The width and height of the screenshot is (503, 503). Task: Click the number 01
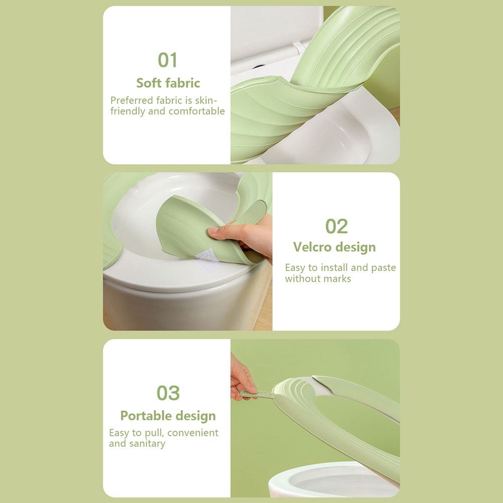[x=168, y=60]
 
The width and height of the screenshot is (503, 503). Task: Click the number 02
[x=336, y=226]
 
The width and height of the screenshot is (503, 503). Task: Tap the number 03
[x=168, y=393]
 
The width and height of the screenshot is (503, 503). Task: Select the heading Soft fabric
[x=168, y=83]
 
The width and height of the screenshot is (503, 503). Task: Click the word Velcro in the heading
[x=312, y=247]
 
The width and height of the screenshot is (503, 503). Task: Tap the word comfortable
[x=197, y=111]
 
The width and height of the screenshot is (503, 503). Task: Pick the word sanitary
[x=147, y=444]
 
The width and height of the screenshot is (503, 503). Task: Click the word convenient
[x=193, y=433]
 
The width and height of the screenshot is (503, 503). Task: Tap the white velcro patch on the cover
[x=207, y=260]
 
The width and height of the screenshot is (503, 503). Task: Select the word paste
[x=384, y=268]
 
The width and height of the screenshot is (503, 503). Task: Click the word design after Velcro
[x=355, y=247]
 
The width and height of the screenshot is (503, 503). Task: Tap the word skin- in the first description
[x=206, y=100]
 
